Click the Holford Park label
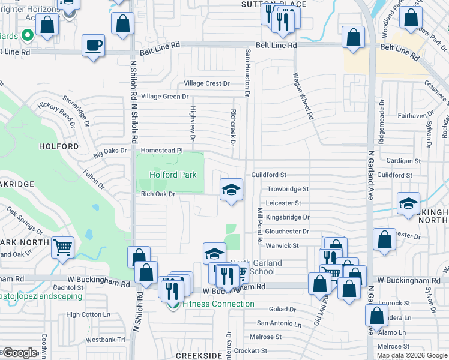pyautogui.click(x=169, y=175)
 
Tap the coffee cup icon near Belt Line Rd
pyautogui.click(x=93, y=46)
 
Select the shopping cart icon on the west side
pyautogui.click(x=62, y=247)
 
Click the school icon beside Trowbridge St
pyautogui.click(x=231, y=190)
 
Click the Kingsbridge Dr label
pyautogui.click(x=288, y=217)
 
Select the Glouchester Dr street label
pyautogui.click(x=287, y=231)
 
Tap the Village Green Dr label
pyautogui.click(x=164, y=96)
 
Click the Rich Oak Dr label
pyautogui.click(x=157, y=194)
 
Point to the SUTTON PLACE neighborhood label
pyautogui.click(x=274, y=4)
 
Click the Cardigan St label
pyautogui.click(x=403, y=161)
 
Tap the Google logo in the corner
pyautogui.click(x=19, y=353)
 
